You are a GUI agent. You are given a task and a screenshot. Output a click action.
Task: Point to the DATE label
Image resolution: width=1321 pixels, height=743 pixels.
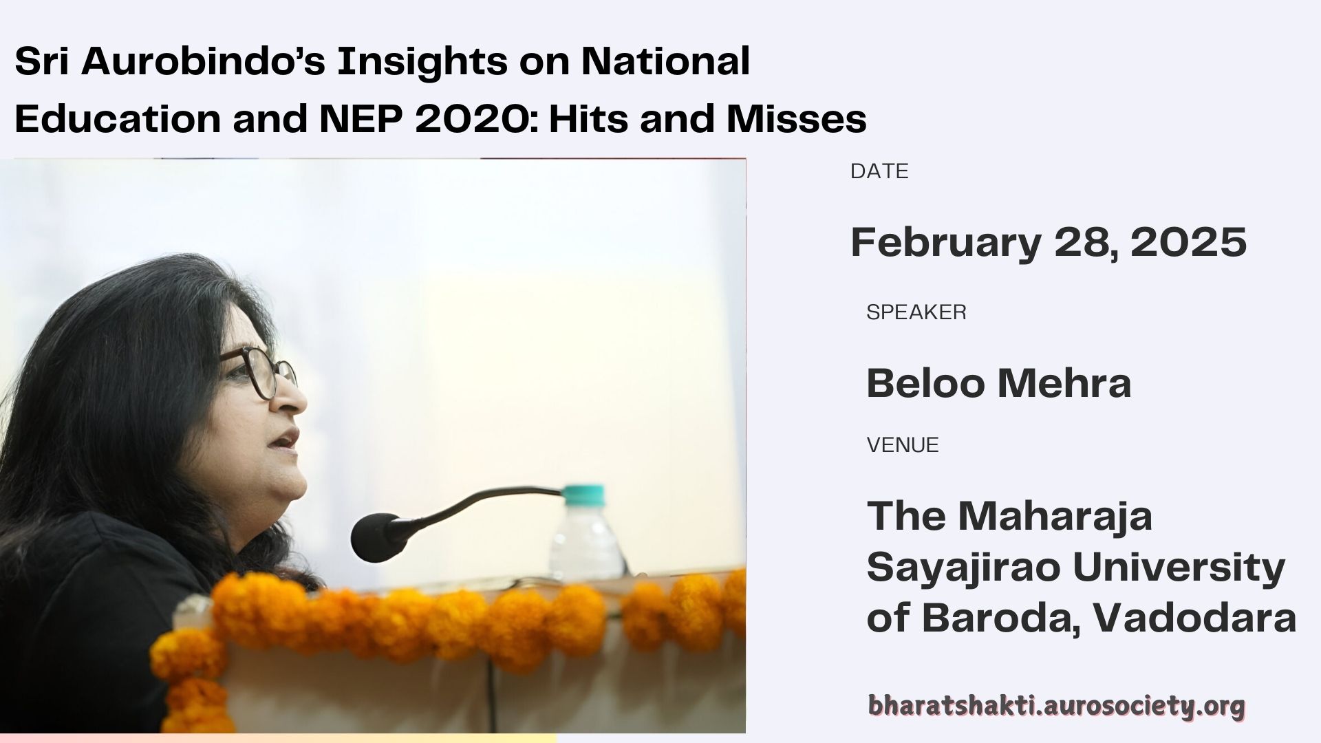[879, 171]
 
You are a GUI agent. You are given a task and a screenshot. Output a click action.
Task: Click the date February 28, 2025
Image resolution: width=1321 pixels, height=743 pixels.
[1049, 242]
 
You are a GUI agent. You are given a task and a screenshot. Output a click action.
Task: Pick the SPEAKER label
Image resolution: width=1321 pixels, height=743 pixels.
[916, 312]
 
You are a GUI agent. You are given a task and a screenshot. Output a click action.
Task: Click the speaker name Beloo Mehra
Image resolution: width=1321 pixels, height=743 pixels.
[998, 383]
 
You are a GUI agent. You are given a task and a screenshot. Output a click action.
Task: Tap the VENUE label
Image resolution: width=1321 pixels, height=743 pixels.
[903, 445]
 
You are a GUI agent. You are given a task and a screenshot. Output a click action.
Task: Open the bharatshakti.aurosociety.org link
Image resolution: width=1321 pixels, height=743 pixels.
[1056, 706]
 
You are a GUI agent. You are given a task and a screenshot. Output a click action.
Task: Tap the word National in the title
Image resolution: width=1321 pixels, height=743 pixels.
[665, 63]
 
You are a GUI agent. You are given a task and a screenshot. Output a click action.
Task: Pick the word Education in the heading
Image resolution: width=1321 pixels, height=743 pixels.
[118, 119]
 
